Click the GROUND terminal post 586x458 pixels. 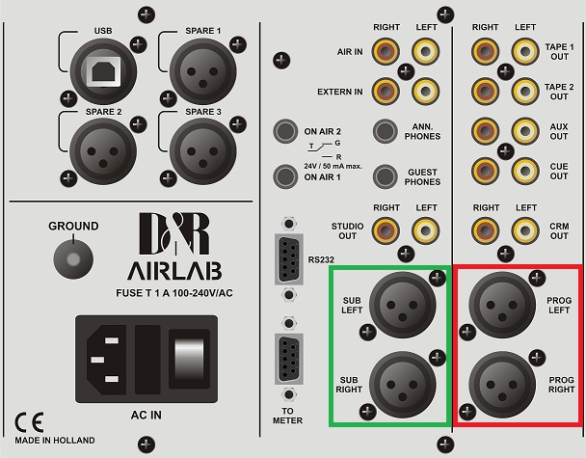pyautogui.click(x=68, y=256)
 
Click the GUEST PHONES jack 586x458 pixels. pyautogui.click(x=386, y=176)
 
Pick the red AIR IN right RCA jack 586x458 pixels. pyautogui.click(x=386, y=50)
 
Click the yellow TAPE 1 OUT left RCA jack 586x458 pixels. pyautogui.click(x=525, y=50)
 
